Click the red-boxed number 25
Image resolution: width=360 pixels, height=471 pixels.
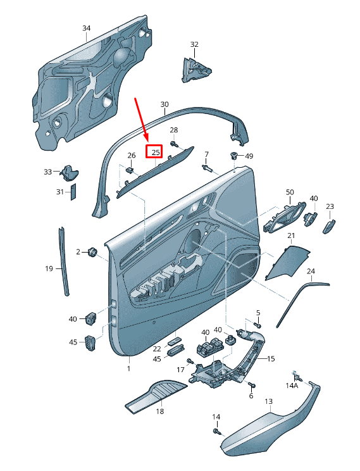(x=156, y=153)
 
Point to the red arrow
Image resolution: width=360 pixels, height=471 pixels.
(x=142, y=119)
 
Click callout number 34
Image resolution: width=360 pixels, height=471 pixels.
(x=87, y=28)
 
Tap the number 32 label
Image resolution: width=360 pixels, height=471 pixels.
(x=194, y=44)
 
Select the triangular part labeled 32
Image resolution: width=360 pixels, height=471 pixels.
(x=195, y=70)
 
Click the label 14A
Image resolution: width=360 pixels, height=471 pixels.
(x=291, y=386)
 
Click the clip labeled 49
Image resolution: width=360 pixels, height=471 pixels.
(x=233, y=156)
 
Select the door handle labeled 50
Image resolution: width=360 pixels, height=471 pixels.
(x=283, y=217)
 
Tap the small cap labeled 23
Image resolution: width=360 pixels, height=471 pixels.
(x=329, y=226)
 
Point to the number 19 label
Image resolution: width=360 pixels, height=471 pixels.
(x=49, y=268)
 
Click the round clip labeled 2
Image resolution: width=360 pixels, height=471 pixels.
(x=92, y=252)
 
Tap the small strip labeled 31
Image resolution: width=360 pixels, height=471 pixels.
(x=73, y=192)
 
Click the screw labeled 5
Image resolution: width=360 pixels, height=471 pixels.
(x=258, y=325)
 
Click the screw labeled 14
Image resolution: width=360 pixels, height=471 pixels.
(x=217, y=432)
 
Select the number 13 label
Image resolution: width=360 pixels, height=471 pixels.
(x=269, y=401)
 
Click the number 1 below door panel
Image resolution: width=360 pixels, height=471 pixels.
(x=129, y=368)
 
